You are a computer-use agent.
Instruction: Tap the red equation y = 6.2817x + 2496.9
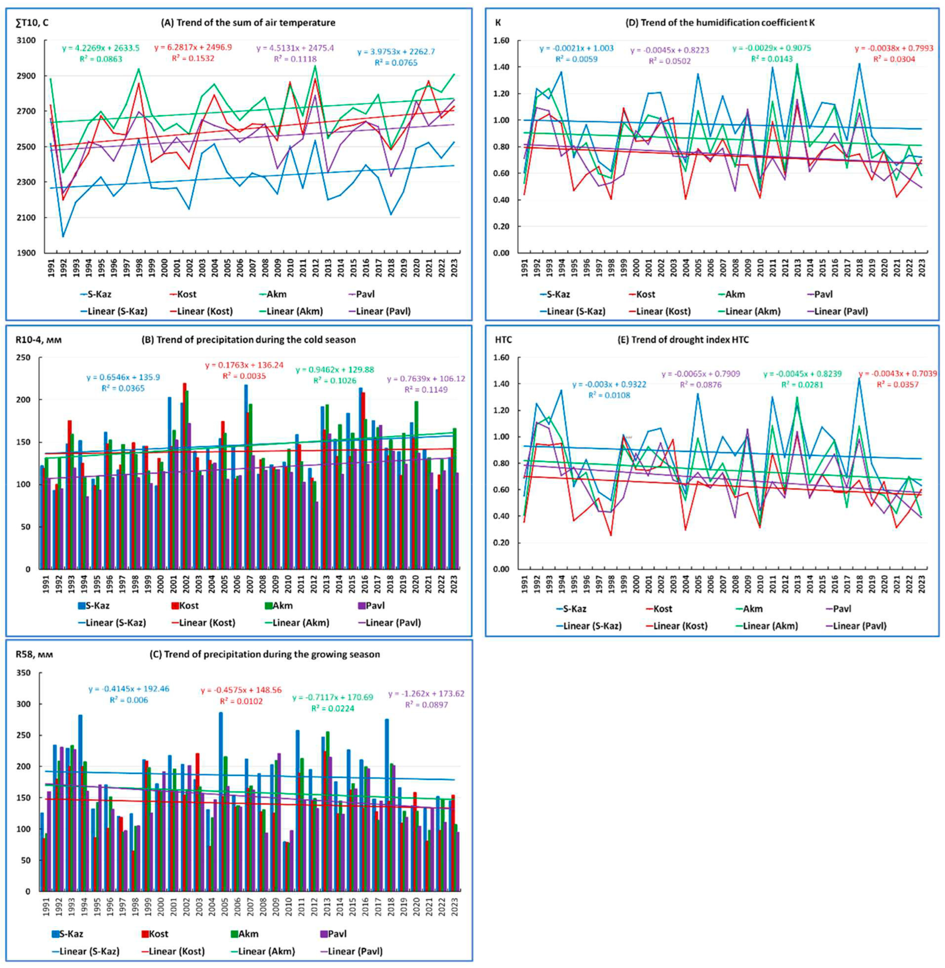(193, 47)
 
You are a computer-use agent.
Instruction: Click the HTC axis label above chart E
(504, 340)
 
